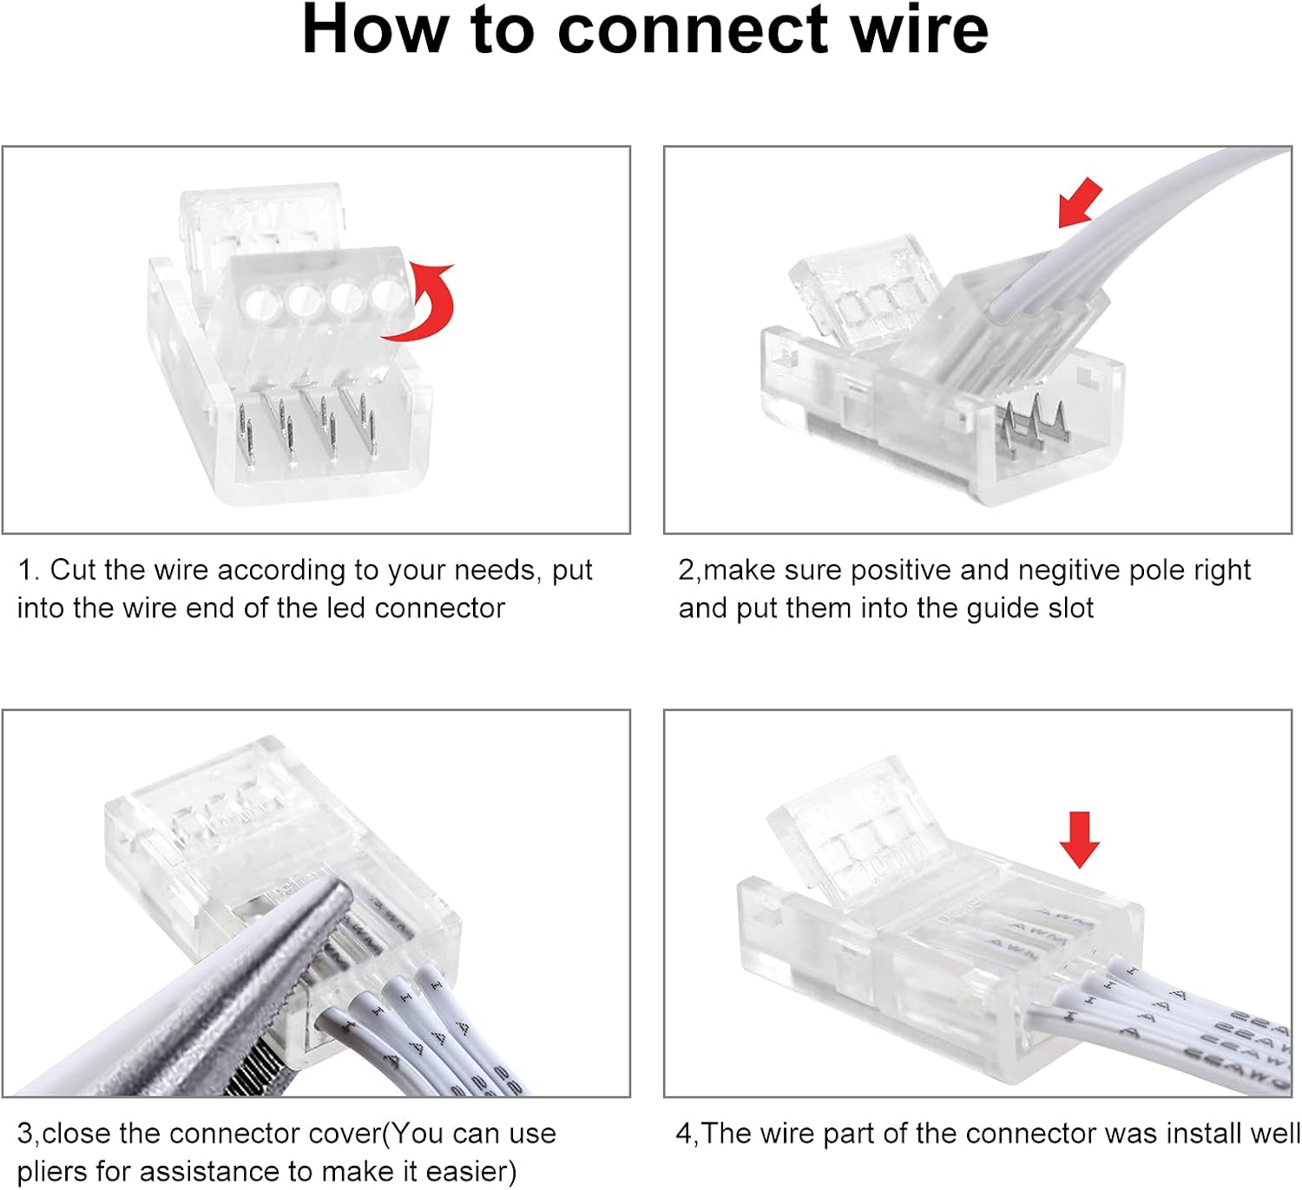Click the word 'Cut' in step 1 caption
click(x=73, y=570)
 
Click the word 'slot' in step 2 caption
click(x=1069, y=608)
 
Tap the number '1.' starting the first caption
click(x=28, y=570)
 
